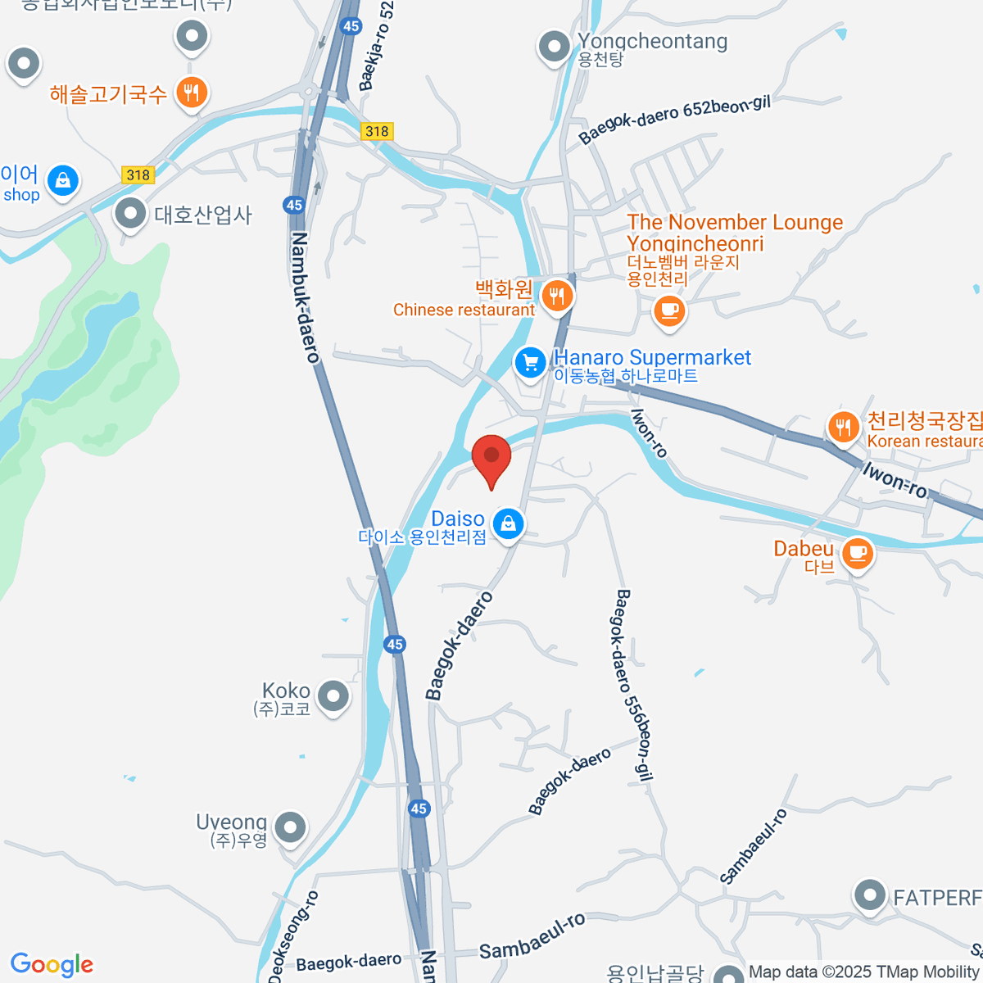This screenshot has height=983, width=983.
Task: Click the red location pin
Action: pyautogui.click(x=491, y=457)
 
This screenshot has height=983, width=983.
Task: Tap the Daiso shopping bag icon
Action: pyautogui.click(x=509, y=523)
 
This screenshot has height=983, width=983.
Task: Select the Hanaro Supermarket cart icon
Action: pyautogui.click(x=530, y=362)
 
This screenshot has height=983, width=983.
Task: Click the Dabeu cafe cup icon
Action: pyautogui.click(x=858, y=553)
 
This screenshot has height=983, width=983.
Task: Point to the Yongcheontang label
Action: pyautogui.click(x=652, y=41)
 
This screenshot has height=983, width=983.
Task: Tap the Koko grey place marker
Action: pyautogui.click(x=333, y=697)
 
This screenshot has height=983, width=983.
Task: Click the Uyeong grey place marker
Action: pyautogui.click(x=290, y=828)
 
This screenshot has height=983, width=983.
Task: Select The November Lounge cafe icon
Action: pyautogui.click(x=669, y=310)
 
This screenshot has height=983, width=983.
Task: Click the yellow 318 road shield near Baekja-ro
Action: pyautogui.click(x=377, y=131)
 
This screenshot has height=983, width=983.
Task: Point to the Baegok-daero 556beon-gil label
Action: pyautogui.click(x=633, y=686)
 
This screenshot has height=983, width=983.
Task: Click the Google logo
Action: pyautogui.click(x=52, y=965)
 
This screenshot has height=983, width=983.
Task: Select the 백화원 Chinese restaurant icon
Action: pyautogui.click(x=557, y=295)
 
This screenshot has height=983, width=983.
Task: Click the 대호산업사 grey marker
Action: pyautogui.click(x=130, y=214)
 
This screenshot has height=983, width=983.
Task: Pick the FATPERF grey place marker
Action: pyautogui.click(x=869, y=896)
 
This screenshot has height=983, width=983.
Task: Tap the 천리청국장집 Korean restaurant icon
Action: pyautogui.click(x=843, y=426)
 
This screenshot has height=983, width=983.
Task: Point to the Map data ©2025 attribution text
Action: pyautogui.click(x=864, y=972)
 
